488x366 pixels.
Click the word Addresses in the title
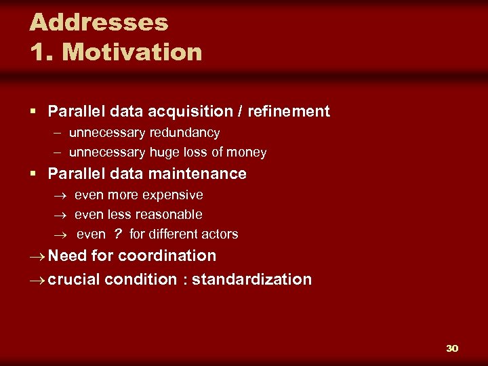pos(99,22)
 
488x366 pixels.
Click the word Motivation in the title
pos(131,52)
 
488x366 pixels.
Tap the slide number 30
pos(452,348)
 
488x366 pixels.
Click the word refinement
pos(289,111)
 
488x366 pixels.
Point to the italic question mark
pos(117,234)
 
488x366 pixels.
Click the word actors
pos(220,235)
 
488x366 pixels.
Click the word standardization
pos(252,279)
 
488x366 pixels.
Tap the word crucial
pos(75,279)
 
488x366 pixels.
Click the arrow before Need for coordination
pos(38,256)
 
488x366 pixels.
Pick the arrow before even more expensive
pos(62,196)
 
